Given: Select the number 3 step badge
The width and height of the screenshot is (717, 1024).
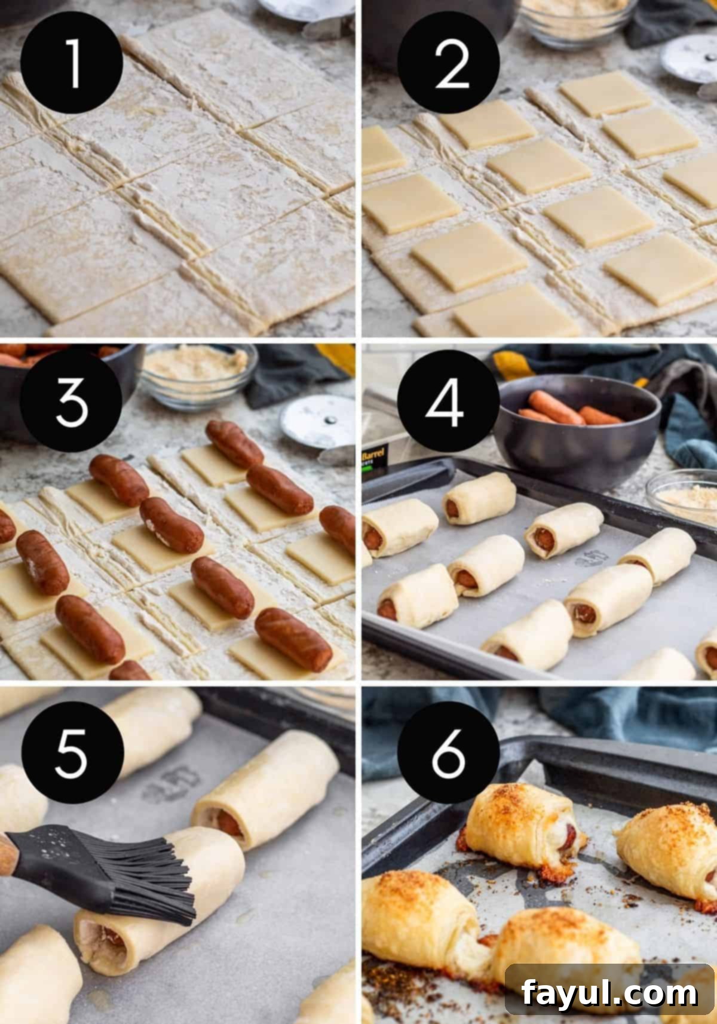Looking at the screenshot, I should [x=72, y=401].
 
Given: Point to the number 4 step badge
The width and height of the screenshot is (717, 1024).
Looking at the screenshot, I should [x=448, y=401].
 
